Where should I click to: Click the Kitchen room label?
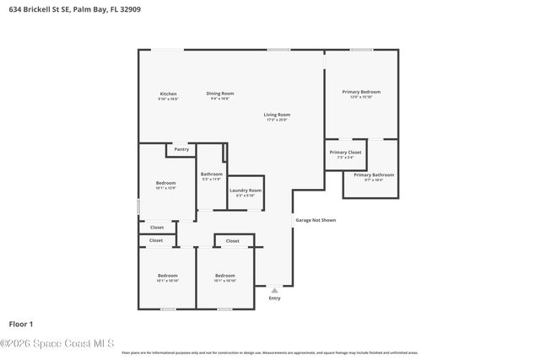169,94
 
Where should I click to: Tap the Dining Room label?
221,94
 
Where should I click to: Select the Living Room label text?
277,115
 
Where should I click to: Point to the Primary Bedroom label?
361,91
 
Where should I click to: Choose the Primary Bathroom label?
374,175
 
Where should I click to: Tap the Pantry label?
181,150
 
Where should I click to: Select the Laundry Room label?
246,191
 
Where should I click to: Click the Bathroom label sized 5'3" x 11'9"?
211,174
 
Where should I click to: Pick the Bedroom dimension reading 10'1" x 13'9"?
165,188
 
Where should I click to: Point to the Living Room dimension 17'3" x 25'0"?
277,120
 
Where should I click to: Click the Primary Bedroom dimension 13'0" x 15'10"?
361,97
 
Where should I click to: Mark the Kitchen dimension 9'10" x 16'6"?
169,99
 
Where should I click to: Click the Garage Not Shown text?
316,220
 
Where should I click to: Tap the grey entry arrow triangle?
273,290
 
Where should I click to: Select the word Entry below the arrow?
274,298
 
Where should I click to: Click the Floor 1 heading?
20,323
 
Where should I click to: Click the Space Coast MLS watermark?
57,342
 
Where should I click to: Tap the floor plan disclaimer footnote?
269,352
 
